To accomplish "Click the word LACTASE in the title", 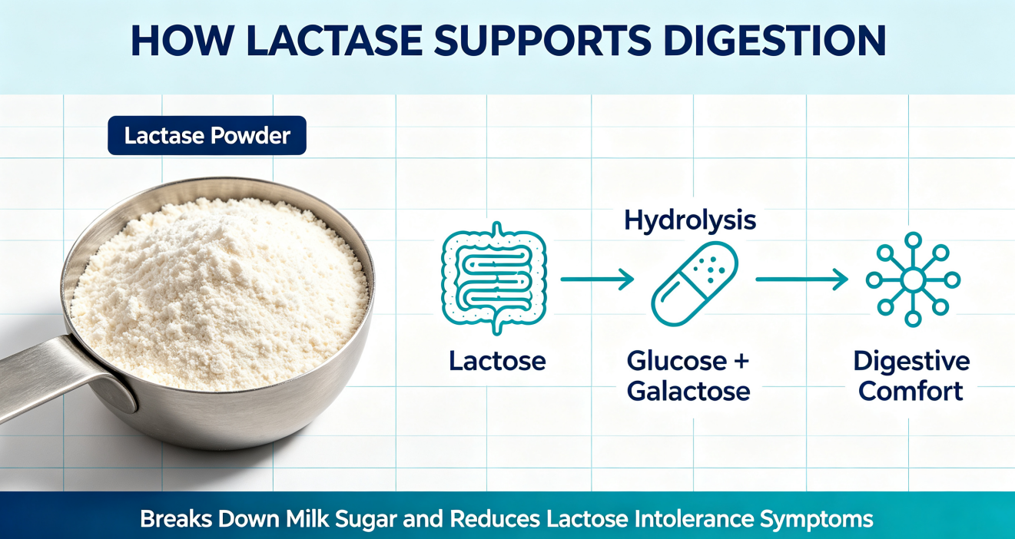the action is (x=335, y=41).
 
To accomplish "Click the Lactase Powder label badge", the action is (x=207, y=135).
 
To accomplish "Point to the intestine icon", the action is (x=494, y=279).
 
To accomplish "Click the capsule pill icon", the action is (x=695, y=284).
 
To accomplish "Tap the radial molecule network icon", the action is (x=913, y=279).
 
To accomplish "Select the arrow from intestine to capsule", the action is (x=597, y=279).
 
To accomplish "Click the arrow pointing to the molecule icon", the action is (x=802, y=279).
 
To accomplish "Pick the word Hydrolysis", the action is (x=690, y=221).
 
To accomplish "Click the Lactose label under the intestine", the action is (x=497, y=362).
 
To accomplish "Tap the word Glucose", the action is (x=677, y=362).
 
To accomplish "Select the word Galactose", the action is (x=688, y=392).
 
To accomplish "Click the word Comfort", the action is (x=911, y=392).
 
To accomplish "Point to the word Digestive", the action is (x=912, y=362).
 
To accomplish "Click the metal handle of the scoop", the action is (x=64, y=376).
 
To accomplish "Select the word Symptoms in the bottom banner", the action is (x=817, y=520).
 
